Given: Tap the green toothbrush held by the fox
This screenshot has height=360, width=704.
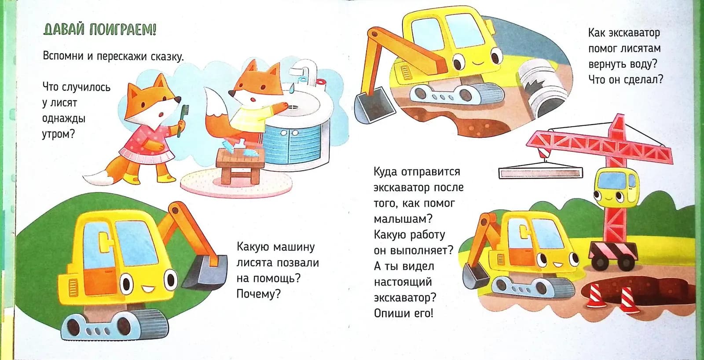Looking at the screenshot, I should [180, 119].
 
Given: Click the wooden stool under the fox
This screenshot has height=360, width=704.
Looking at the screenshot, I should [240, 165].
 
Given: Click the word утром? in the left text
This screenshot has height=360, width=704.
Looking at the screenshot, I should [59, 134].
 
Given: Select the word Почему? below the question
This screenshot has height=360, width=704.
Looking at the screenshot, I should [258, 294].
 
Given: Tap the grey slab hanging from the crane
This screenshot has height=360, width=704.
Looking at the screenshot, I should [540, 173].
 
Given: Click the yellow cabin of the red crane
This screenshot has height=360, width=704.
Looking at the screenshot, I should [616, 187].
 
